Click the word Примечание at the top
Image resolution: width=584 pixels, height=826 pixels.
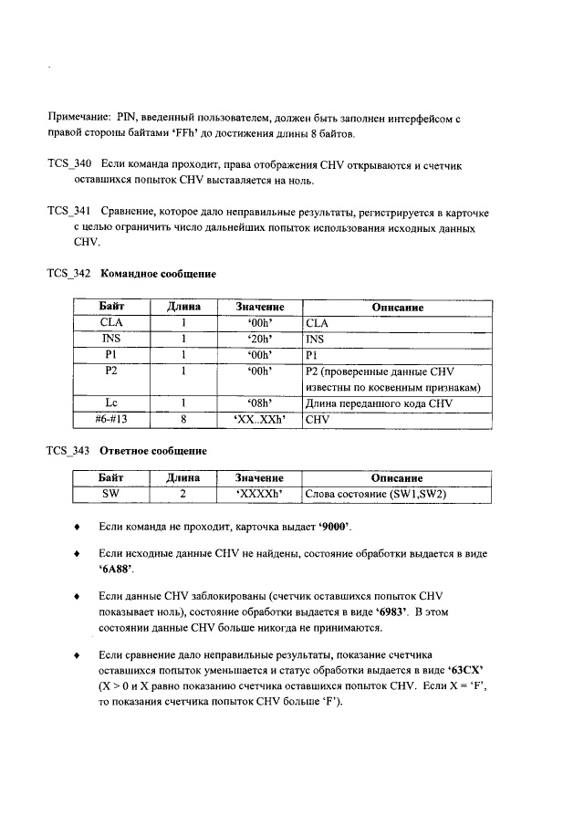[x=77, y=119]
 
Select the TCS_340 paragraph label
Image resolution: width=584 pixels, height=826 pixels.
[x=68, y=164]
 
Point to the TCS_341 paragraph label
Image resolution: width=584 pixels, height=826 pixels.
[x=68, y=211]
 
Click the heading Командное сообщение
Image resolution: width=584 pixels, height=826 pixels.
[x=158, y=273]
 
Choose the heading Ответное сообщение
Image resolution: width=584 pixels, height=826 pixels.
[x=153, y=451]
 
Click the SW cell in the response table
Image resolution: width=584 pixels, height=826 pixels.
[x=111, y=494]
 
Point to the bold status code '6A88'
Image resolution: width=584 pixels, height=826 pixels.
[x=114, y=568]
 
